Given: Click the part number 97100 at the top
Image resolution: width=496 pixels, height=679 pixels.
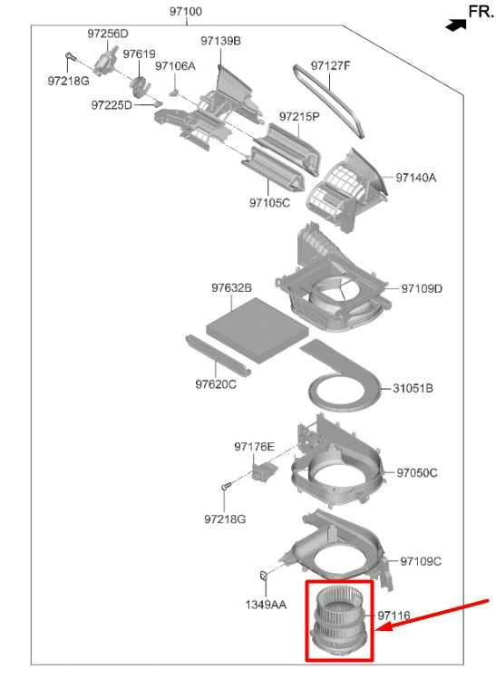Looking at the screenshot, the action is pos(185,11).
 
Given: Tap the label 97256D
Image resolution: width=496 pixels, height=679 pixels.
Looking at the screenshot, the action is pos(108,34).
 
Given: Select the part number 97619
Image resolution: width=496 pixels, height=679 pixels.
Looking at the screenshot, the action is pos(139,54).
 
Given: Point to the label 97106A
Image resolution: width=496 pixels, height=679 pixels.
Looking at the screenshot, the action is pos(175,66).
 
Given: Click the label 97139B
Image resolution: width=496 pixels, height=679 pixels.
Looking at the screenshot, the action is pos(221,41).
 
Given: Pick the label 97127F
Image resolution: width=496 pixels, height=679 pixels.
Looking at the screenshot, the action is pos(331,66).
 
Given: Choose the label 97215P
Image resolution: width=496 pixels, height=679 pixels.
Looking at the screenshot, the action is pos(299,116).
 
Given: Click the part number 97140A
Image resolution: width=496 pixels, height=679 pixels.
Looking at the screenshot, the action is pos(416,178).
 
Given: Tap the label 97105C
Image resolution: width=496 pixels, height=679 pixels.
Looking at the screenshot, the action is pos(269,203).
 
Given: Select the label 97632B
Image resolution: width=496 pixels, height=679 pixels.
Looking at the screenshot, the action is pos(232,288).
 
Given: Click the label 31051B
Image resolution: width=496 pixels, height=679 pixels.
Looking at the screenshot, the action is pos(413,388).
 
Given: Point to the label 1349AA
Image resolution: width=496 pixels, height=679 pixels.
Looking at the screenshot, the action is pos(266,605).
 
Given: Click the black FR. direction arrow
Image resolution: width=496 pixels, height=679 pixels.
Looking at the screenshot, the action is pos(456,25).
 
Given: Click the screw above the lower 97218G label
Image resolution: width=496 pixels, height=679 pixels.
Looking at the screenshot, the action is pos(226,486).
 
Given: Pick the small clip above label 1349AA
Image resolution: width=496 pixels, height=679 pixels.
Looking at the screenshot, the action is pos(263,575).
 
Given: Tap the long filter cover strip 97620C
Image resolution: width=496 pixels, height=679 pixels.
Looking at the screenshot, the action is pos(218,355).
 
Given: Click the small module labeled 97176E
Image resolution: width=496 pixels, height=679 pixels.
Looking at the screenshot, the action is pos(264,470).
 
